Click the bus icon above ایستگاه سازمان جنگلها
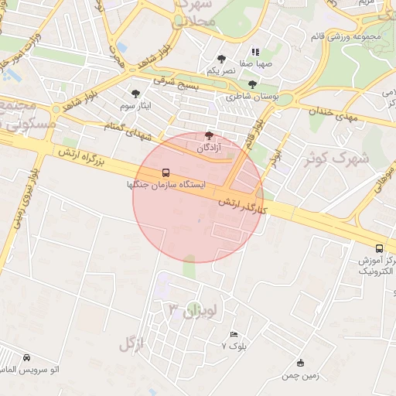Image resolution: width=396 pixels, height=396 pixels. click(x=166, y=172)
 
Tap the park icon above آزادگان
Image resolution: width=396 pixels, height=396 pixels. click(x=208, y=135)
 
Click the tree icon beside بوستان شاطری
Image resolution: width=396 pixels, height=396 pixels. click(x=253, y=84)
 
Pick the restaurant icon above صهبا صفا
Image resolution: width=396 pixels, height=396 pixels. click(x=255, y=52)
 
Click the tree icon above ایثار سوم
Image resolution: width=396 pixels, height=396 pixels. click(x=137, y=92)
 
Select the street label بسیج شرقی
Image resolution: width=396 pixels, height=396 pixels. click(x=176, y=83)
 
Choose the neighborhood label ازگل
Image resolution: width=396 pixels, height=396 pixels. click(x=132, y=344)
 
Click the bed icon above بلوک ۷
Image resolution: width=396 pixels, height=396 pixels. click(x=234, y=334)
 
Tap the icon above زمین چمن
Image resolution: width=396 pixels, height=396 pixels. click(x=301, y=363)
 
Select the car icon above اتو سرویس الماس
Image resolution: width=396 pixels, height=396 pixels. click(x=27, y=358)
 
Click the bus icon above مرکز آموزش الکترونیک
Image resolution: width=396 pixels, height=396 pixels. click(x=379, y=248)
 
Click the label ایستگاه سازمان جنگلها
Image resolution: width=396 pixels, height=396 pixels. click(x=166, y=186)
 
